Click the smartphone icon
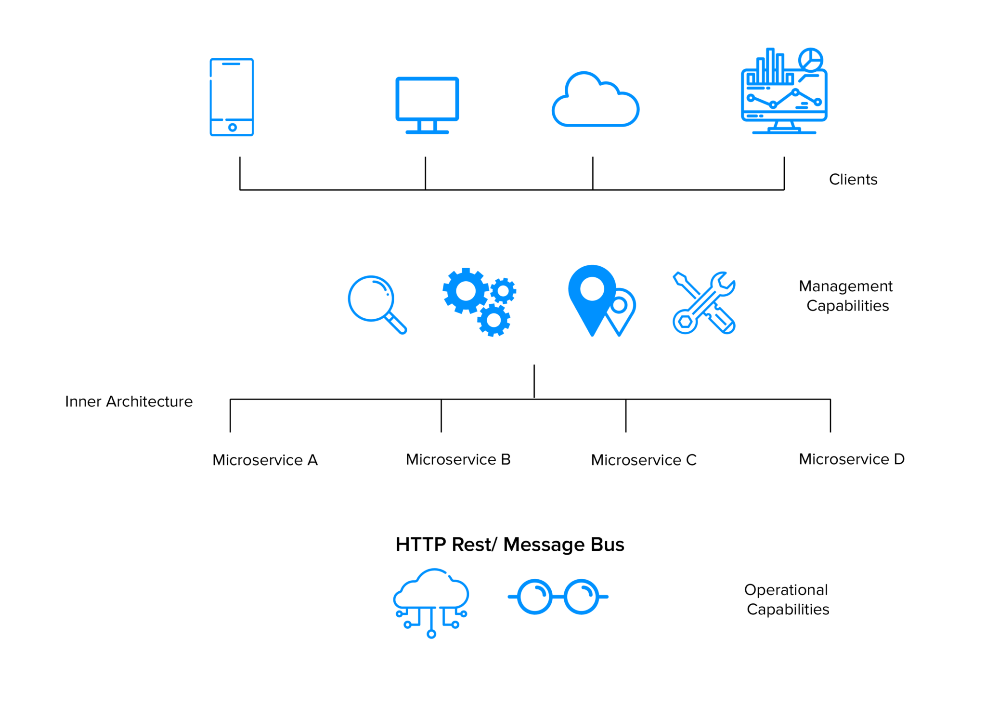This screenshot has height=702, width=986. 232,97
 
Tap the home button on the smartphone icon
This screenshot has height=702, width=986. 233,128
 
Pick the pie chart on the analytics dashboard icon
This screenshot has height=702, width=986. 810,60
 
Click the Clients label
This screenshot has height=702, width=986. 853,179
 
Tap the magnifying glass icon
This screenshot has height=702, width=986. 376,304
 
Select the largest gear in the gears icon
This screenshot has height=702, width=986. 466,290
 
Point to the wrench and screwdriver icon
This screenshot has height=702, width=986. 704,303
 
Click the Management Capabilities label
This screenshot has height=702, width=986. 846,296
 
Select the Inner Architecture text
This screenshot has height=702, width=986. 129,401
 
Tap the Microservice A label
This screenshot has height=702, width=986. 265,460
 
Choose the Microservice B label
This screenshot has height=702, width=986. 458,459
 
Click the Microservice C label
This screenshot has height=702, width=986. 643,460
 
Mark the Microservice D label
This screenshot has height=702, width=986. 851,459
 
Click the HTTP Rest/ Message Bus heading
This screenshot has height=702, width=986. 509,544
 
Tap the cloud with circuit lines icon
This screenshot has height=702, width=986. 431,602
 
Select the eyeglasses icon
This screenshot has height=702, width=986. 558,597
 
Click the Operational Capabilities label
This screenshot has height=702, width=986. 787,599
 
